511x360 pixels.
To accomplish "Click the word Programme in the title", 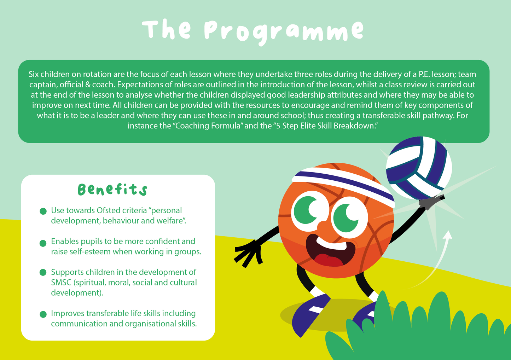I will pyautogui.click(x=284, y=31).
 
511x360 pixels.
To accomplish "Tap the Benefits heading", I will pyautogui.click(x=112, y=190).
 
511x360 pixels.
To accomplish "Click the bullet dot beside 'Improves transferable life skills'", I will pyautogui.click(x=43, y=314).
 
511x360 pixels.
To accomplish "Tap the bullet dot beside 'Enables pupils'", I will pyautogui.click(x=43, y=243).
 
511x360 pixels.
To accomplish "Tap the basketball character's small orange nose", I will pyautogui.click(x=322, y=226).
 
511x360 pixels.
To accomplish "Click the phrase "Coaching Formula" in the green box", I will pyautogui.click(x=207, y=126).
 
